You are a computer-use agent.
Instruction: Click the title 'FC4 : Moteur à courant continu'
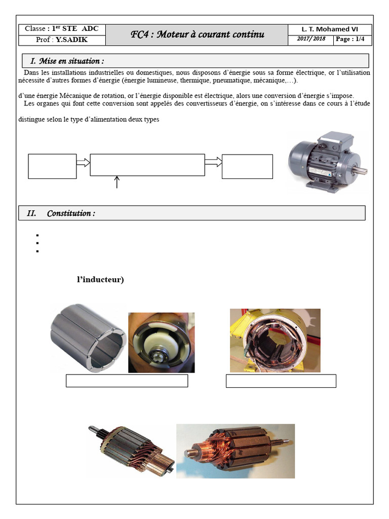point(197,34)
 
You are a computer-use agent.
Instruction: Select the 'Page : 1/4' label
point(350,40)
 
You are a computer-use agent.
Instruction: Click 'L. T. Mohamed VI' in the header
point(330,29)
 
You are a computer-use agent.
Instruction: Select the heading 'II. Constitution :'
point(61,213)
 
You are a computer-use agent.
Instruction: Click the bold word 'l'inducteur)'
point(100,280)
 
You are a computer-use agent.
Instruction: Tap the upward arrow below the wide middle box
point(117,182)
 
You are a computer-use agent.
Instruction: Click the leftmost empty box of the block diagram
point(52,167)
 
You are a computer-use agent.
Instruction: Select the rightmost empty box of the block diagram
point(247,167)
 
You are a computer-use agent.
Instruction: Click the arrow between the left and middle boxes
point(83,162)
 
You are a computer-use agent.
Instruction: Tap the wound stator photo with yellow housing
point(275,340)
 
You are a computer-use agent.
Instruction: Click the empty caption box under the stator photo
point(281,381)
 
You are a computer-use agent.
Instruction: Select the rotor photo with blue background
point(235,451)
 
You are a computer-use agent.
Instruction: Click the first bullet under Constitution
point(38,236)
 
